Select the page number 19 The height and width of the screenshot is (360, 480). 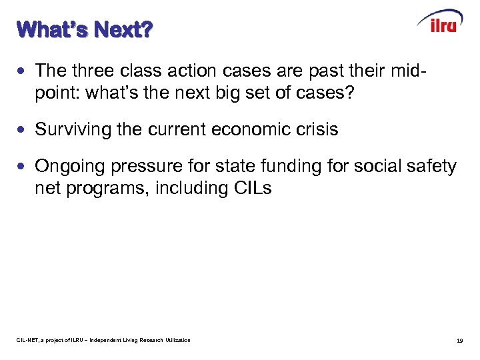pyautogui.click(x=459, y=341)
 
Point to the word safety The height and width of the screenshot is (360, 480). pyautogui.click(x=430, y=166)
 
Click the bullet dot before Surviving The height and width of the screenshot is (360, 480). pyautogui.click(x=25, y=129)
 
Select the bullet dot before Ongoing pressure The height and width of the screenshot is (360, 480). pyautogui.click(x=25, y=165)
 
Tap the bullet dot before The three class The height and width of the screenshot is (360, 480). pyautogui.click(x=25, y=70)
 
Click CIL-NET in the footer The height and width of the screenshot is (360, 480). pyautogui.click(x=29, y=341)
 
